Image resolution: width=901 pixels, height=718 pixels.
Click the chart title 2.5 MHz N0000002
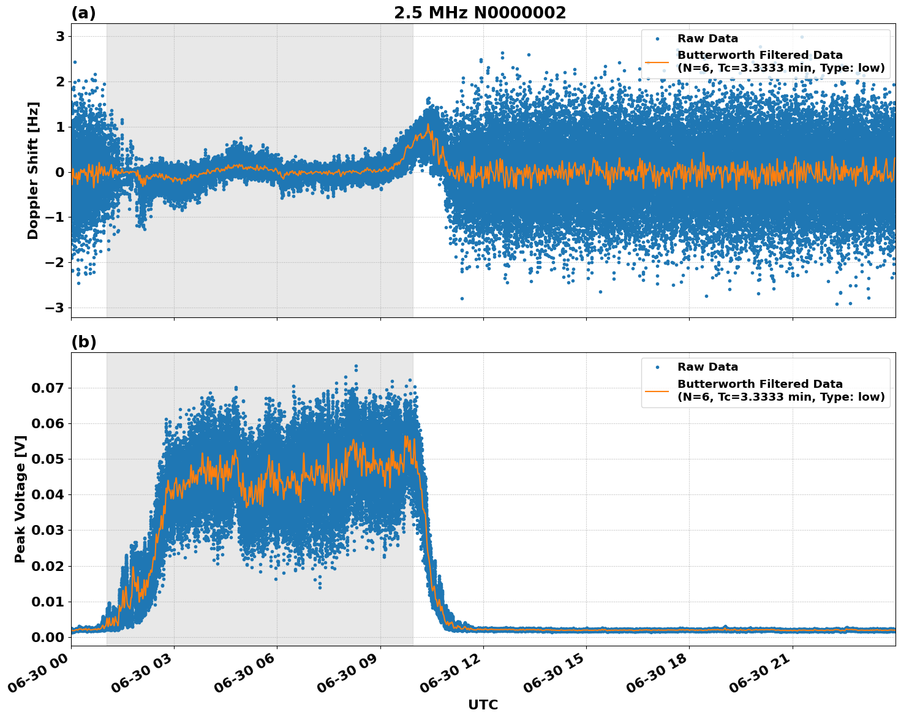coord(480,13)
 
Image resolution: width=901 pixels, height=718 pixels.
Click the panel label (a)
coord(83,13)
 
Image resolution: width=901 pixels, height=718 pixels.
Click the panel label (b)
coord(83,342)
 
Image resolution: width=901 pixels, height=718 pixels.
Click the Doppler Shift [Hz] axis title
coord(33,170)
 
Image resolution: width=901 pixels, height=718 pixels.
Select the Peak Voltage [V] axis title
coord(20,499)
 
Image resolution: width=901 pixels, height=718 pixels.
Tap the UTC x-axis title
coord(483,705)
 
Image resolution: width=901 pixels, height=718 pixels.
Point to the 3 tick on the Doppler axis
coord(60,37)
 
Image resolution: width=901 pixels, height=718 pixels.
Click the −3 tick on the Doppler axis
coord(55,308)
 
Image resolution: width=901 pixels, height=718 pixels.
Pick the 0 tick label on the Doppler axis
coord(60,172)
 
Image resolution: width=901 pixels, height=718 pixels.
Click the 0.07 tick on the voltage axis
coord(47,388)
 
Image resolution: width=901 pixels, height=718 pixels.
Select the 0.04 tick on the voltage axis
coord(47,494)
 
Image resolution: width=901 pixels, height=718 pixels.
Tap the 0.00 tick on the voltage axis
coord(47,637)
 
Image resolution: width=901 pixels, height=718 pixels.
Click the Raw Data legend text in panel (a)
coord(707,39)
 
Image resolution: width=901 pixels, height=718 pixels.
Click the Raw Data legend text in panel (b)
coord(707,367)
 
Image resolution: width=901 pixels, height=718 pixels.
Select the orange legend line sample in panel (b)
coord(657,390)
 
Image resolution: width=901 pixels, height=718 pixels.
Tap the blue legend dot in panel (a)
coord(657,39)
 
